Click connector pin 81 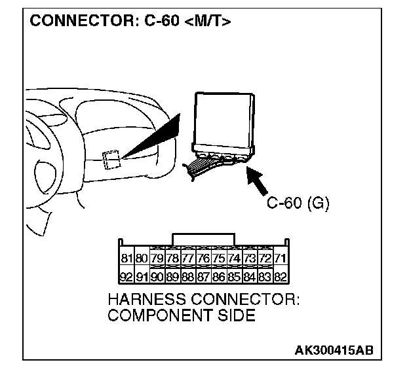(x=127, y=259)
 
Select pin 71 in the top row (x=280, y=259)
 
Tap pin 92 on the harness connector (x=127, y=276)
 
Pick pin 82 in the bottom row (x=280, y=276)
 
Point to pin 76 (x=203, y=259)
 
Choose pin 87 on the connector (x=203, y=276)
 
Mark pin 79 (x=157, y=259)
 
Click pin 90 (x=157, y=276)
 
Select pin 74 (x=234, y=259)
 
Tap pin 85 (x=234, y=276)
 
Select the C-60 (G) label (x=298, y=202)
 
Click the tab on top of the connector (x=203, y=238)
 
